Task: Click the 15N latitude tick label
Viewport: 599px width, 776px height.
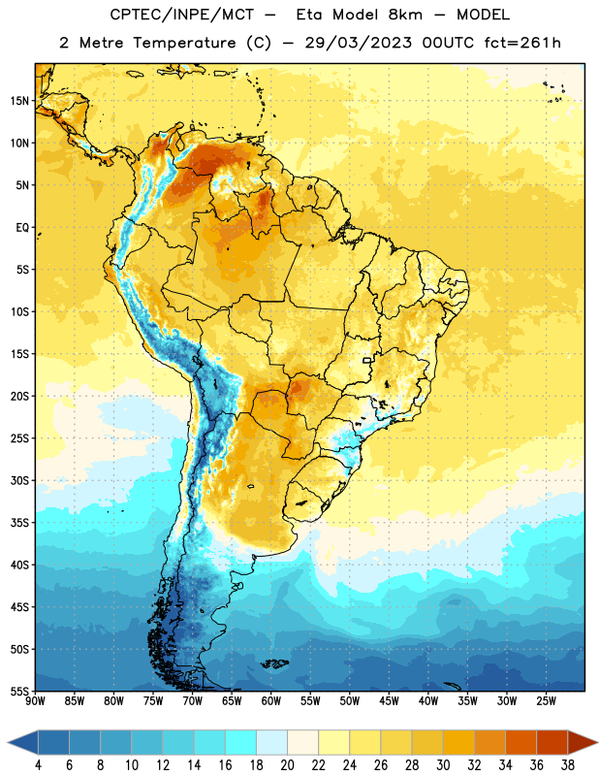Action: coord(19,101)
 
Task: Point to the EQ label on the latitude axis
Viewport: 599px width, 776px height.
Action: coord(22,228)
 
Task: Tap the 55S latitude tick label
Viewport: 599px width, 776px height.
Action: coord(19,691)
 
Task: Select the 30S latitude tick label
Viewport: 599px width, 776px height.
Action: coord(19,480)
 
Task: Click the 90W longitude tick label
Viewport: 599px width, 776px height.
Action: coord(35,701)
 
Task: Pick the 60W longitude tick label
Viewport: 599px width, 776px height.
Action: coord(271,701)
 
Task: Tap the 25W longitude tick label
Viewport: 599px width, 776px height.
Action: coord(546,701)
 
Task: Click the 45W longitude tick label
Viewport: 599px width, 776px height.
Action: coord(389,701)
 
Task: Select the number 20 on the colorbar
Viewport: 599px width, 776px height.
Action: coord(287,765)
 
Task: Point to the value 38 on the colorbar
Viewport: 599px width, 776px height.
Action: coord(568,765)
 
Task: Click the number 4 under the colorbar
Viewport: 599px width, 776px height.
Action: coord(39,765)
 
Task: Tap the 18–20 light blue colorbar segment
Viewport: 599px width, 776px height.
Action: coord(271,742)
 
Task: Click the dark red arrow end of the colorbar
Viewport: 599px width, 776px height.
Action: coord(583,742)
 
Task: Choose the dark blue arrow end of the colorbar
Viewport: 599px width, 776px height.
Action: coord(23,742)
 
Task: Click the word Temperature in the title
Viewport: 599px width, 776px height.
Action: coord(184,43)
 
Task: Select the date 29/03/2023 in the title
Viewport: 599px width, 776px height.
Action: coord(358,43)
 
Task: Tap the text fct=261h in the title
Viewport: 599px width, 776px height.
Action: coord(522,43)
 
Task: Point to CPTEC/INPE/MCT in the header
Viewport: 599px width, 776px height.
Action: coord(182,15)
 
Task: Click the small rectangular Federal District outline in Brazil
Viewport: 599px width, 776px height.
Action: coord(367,360)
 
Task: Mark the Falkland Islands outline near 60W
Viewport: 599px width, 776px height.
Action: coord(274,663)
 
